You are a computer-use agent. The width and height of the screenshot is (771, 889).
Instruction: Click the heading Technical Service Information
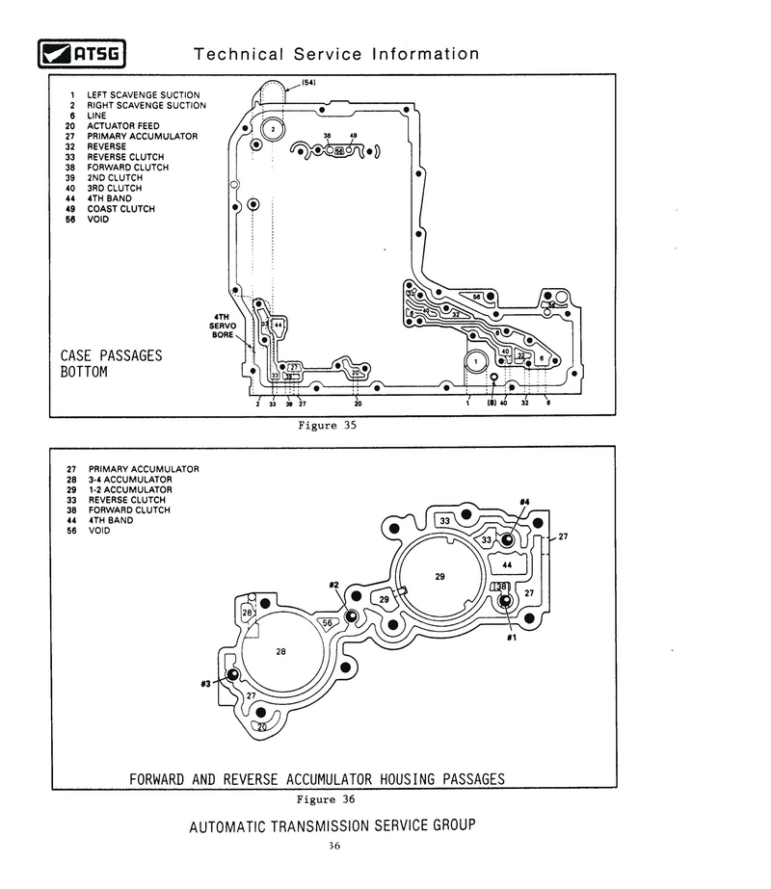point(336,54)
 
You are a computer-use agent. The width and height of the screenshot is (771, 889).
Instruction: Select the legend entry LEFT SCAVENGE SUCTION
point(144,94)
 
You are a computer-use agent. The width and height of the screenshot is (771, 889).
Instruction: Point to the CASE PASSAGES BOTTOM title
point(111,363)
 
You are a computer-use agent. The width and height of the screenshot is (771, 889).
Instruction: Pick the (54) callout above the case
point(308,83)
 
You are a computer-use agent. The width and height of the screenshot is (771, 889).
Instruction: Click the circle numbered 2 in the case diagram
point(273,128)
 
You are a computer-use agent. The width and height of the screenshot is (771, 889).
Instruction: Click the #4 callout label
point(524,502)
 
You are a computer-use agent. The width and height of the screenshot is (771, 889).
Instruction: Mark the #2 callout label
point(333,585)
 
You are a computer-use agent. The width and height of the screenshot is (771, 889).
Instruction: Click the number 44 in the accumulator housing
point(507,565)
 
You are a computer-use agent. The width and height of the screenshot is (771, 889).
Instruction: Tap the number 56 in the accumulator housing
point(328,623)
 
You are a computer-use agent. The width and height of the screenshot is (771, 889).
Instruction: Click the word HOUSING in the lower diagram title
point(397,779)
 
